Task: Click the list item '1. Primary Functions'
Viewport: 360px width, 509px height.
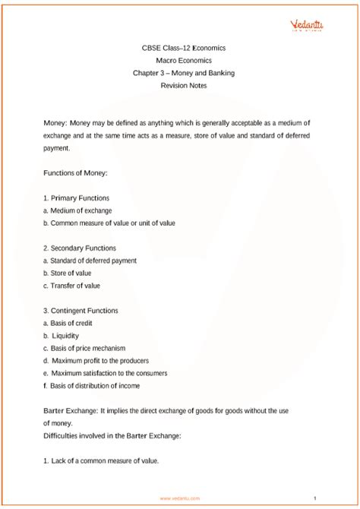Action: coord(77,198)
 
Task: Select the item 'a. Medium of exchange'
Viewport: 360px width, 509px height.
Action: coord(77,210)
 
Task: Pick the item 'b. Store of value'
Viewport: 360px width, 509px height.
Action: coord(67,273)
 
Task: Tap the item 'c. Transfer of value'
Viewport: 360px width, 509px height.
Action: coord(71,286)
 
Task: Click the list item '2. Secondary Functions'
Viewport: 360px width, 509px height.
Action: coord(80,248)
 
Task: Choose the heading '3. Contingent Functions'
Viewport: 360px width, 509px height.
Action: coord(81,311)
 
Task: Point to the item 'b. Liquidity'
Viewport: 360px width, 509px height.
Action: coord(61,336)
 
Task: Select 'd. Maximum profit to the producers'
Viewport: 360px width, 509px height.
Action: coord(96,360)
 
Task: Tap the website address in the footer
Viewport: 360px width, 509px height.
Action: coord(180,498)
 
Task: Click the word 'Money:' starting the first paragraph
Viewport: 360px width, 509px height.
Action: coord(56,122)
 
